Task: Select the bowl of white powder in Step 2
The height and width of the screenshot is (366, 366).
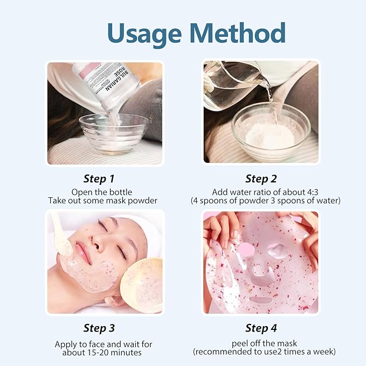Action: (x=271, y=132)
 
